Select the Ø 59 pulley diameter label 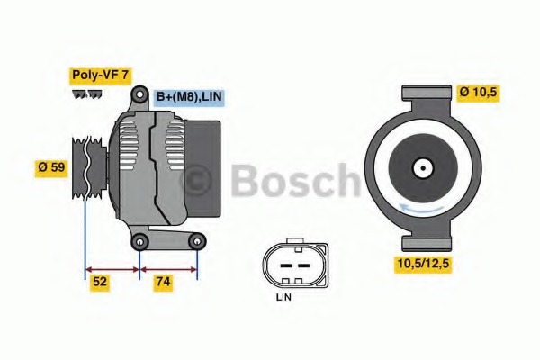point(52,167)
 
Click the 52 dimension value point(101,282)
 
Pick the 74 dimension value point(163,282)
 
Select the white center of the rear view point(422,167)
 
